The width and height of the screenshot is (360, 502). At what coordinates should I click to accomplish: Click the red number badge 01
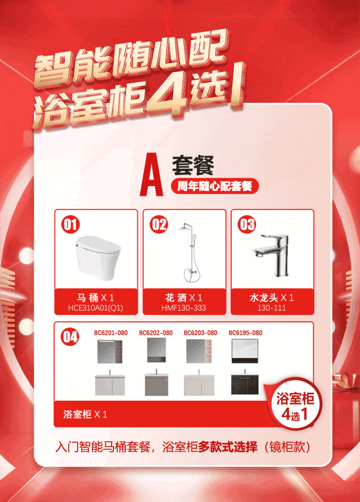point(70,224)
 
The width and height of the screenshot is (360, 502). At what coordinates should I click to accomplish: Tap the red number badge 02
point(159,224)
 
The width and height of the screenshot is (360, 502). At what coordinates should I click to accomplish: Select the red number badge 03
point(247,224)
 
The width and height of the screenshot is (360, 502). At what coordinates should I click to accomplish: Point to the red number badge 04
point(70,337)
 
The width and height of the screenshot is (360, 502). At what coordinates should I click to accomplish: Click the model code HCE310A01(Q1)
point(96,308)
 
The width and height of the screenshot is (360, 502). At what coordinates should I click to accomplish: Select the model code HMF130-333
point(184,308)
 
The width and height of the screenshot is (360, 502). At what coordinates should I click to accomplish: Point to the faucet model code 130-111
point(272,308)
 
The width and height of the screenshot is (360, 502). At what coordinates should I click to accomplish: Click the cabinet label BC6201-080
point(111,333)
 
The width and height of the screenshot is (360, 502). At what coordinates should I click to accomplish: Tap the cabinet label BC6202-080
point(156,333)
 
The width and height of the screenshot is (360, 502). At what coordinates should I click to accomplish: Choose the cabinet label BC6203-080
point(201,333)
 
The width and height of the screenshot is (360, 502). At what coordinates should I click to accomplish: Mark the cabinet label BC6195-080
point(245,333)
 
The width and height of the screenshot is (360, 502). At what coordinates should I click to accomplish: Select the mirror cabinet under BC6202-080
point(156,350)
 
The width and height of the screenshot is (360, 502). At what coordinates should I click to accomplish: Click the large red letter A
point(151,175)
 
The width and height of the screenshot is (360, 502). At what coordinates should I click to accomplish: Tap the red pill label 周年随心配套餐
point(215,186)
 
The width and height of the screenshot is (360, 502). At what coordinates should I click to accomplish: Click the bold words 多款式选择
point(228,447)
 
